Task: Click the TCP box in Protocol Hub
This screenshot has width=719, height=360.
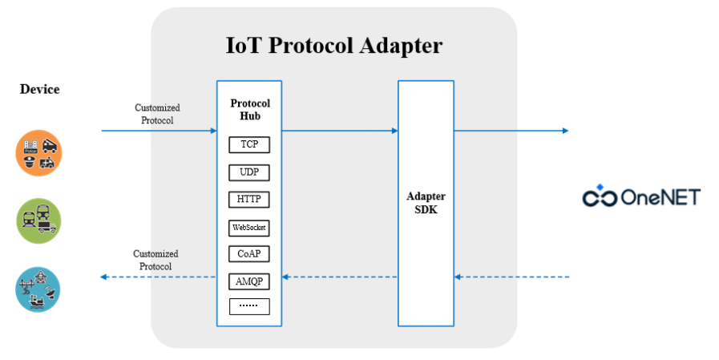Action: click(249, 145)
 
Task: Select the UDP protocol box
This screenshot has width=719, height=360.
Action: click(249, 172)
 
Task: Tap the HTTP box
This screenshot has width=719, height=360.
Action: click(249, 200)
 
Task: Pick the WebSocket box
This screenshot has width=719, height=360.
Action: click(249, 228)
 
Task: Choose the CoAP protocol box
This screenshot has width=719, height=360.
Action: click(249, 254)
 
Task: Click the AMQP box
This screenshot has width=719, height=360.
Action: click(249, 281)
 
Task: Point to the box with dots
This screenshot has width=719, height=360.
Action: click(249, 306)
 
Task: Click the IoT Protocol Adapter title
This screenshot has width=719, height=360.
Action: click(333, 46)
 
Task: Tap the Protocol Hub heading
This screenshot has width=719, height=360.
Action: click(250, 110)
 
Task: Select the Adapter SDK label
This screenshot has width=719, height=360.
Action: click(426, 203)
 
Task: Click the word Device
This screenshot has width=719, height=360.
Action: click(40, 89)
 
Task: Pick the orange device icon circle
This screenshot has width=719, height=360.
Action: click(38, 153)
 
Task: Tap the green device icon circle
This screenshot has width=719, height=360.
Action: click(38, 221)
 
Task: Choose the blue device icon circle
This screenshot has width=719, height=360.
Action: click(38, 289)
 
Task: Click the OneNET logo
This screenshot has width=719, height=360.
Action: click(641, 197)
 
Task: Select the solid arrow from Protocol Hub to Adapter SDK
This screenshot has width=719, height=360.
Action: click(340, 130)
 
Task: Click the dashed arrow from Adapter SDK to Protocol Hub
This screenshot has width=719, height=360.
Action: click(340, 277)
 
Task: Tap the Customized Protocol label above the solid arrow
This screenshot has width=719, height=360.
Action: click(157, 114)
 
